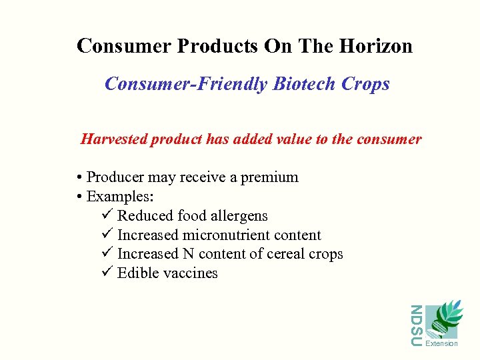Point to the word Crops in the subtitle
365,84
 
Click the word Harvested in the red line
113,139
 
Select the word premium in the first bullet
269,177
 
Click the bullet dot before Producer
79,178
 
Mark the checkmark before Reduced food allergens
109,216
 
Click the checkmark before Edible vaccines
109,273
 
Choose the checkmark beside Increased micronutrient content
109,235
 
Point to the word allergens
237,216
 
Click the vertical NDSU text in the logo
415,325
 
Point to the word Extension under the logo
441,344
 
